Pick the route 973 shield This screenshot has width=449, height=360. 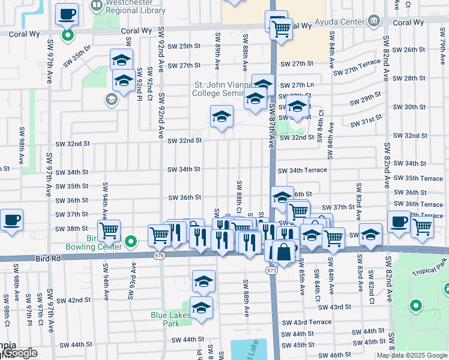(271, 271)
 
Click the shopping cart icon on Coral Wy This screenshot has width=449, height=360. (280, 28)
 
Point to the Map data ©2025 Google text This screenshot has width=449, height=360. (411, 355)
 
